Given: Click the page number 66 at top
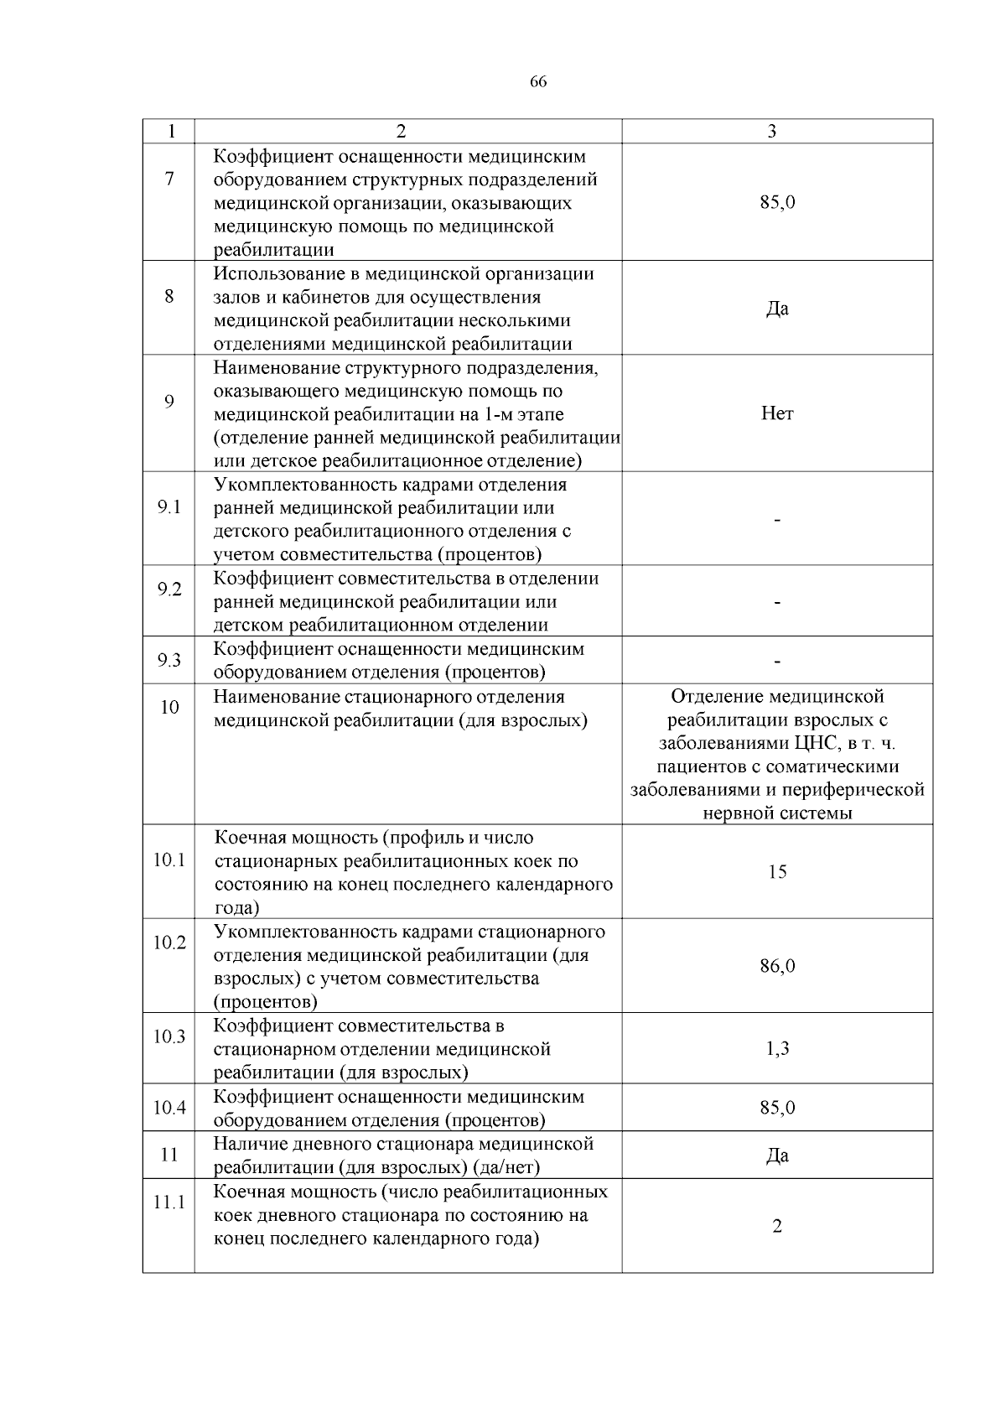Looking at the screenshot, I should click(538, 82).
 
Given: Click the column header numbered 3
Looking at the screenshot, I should click(771, 132).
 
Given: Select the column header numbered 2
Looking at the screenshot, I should click(401, 132).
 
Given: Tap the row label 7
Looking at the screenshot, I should click(169, 179).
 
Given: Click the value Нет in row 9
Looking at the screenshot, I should click(777, 413).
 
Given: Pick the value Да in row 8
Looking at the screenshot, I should click(777, 309).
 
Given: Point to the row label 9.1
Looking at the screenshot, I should click(169, 508).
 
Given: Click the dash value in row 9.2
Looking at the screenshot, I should click(778, 603).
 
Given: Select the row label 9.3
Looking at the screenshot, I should click(169, 661).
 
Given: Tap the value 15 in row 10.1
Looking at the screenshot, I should click(777, 872).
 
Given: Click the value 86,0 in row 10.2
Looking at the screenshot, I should click(777, 966).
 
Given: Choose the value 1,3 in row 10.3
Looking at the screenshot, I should click(777, 1049).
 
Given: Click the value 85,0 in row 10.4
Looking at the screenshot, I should click(777, 1108).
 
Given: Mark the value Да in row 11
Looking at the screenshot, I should click(777, 1156).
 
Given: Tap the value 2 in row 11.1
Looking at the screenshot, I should click(777, 1227).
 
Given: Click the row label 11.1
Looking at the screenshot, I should click(169, 1202).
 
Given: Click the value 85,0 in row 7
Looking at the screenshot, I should click(777, 202).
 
